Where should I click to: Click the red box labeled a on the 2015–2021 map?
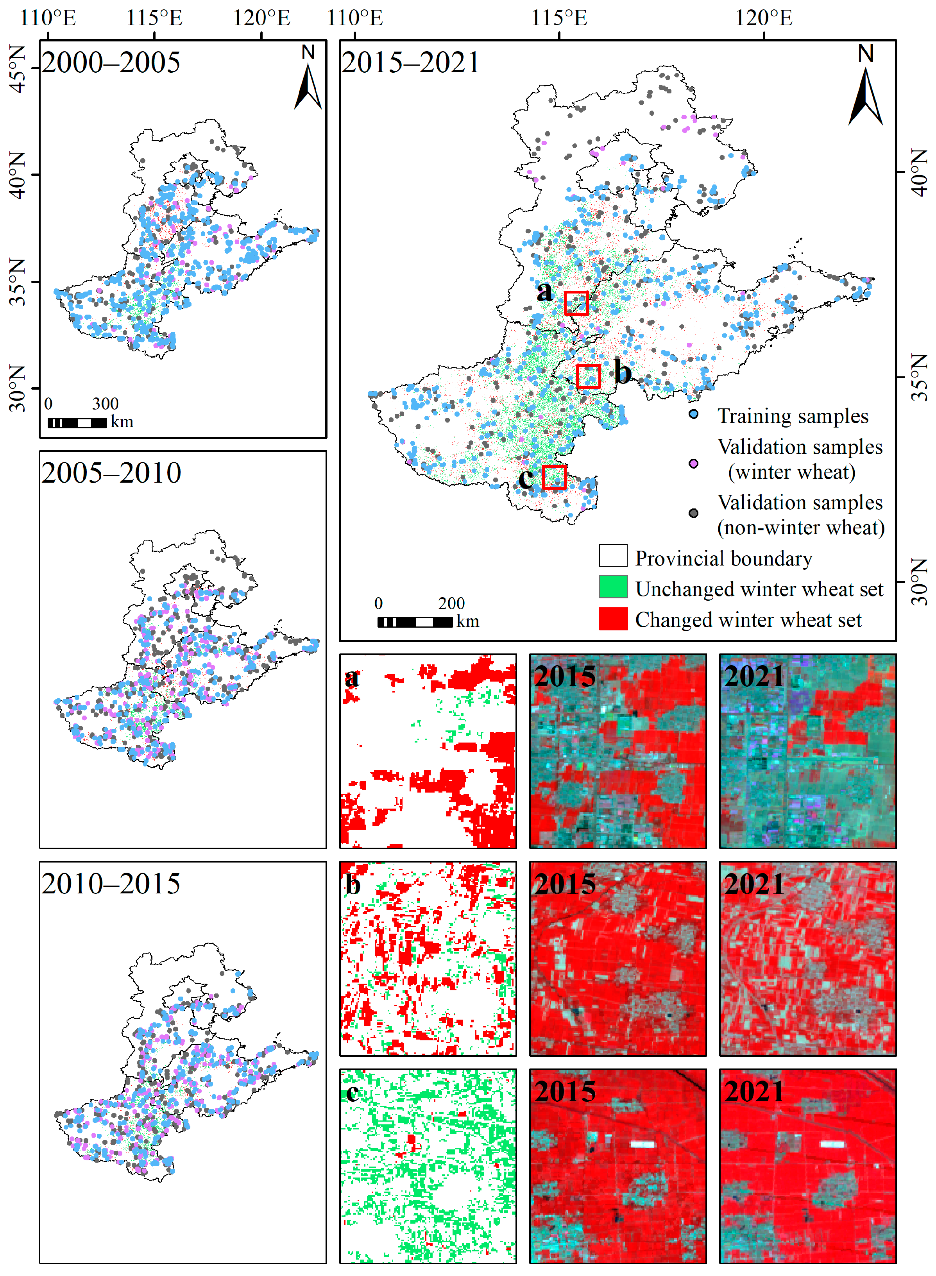coord(576,303)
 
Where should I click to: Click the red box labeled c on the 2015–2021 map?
coord(553,477)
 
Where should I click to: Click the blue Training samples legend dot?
coord(693,414)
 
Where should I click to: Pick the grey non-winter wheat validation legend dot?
coord(693,513)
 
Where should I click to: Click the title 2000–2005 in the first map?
coord(111,62)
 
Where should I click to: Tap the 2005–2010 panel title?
coord(111,472)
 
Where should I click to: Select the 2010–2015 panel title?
coord(111,883)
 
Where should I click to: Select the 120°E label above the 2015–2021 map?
coord(763,18)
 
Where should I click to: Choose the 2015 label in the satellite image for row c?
coord(564,1091)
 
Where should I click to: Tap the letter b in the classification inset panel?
coord(353,884)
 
